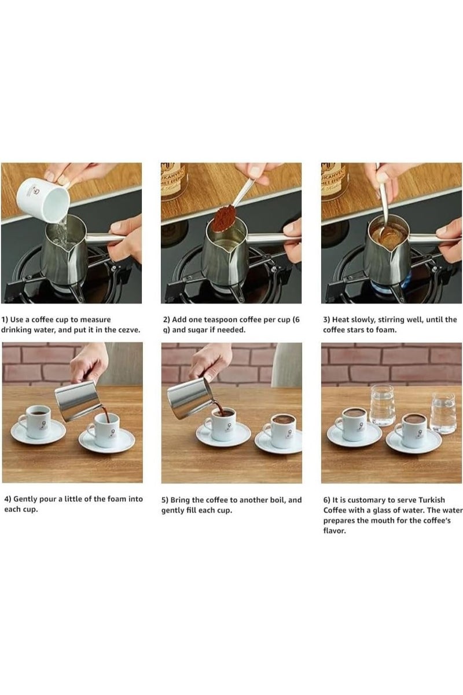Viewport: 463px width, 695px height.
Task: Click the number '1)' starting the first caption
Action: pyautogui.click(x=5, y=320)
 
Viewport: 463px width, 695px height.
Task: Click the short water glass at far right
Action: pyautogui.click(x=443, y=412)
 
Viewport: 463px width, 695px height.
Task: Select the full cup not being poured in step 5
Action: pyautogui.click(x=282, y=430)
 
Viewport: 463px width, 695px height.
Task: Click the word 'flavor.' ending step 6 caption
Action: pyautogui.click(x=334, y=531)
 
